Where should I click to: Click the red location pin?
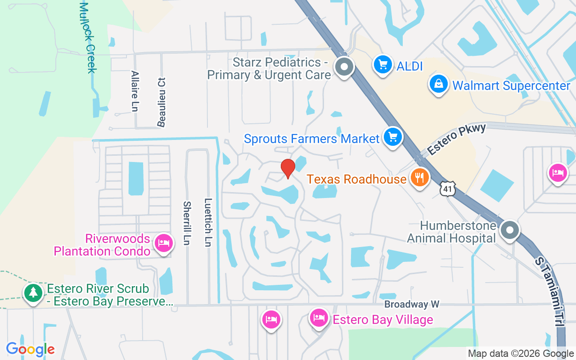pyautogui.click(x=288, y=168)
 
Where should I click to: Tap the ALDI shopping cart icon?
pyautogui.click(x=383, y=65)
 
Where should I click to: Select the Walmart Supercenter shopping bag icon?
pyautogui.click(x=438, y=84)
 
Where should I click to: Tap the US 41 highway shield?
pyautogui.click(x=449, y=189)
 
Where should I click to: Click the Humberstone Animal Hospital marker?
pyautogui.click(x=509, y=230)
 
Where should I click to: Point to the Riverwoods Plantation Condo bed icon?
pyautogui.click(x=163, y=243)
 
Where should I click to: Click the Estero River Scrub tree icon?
pyautogui.click(x=33, y=293)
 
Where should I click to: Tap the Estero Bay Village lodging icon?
pyautogui.click(x=319, y=318)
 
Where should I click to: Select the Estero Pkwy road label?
pyautogui.click(x=457, y=139)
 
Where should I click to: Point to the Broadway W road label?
pyautogui.click(x=412, y=305)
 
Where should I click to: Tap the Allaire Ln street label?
pyautogui.click(x=135, y=90)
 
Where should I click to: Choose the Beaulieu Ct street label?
pyautogui.click(x=162, y=102)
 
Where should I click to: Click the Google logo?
pyautogui.click(x=31, y=349)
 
